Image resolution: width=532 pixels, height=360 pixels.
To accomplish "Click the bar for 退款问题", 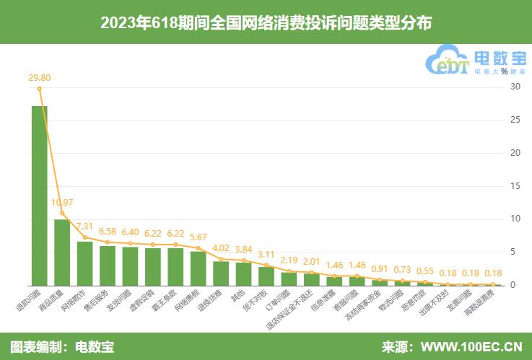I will (40, 196).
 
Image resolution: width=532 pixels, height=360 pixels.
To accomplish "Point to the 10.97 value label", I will (62, 202).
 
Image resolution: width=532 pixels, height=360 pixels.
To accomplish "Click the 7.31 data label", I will (85, 226).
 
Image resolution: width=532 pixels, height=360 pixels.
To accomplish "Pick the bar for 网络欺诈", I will (85, 263).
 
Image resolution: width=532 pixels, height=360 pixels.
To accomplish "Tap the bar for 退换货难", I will (221, 273).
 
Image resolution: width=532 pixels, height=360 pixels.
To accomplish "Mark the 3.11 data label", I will (266, 254).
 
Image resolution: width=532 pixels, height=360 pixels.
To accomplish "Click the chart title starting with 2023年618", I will (266, 22).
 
